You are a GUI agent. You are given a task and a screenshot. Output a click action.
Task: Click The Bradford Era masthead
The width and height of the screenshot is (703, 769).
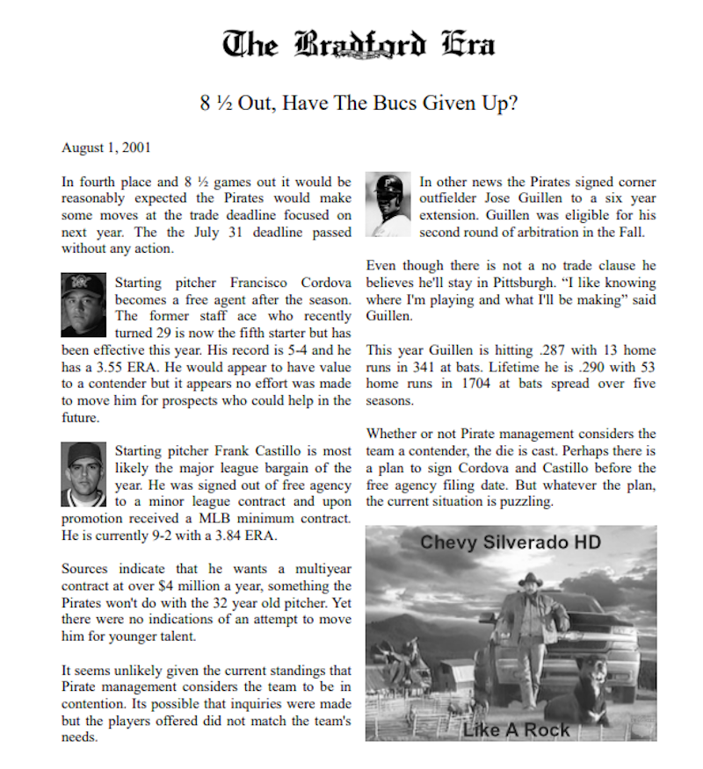(x=358, y=45)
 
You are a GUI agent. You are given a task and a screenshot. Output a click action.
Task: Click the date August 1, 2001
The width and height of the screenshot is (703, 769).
(x=105, y=147)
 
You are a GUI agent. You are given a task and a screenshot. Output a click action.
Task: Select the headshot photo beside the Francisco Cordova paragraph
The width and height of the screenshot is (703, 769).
(x=83, y=304)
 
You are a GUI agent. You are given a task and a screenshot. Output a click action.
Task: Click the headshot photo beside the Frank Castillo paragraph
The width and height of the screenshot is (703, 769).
(x=83, y=474)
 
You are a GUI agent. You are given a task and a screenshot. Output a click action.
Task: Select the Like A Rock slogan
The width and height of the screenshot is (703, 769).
(x=517, y=729)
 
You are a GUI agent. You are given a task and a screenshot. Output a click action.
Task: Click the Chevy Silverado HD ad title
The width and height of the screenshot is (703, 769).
(x=510, y=542)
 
